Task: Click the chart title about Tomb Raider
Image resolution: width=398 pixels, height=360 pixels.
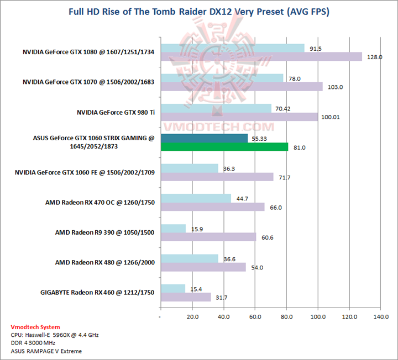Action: pos(199,12)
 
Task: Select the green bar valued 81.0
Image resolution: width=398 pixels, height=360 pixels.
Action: pos(224,147)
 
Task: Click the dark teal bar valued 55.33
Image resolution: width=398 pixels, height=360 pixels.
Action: pos(204,138)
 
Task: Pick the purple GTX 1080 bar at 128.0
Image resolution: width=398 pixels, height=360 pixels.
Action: pos(261,56)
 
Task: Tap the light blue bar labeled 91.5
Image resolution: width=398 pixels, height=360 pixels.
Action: pos(232,48)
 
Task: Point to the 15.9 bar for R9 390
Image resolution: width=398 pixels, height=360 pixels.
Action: pos(173,229)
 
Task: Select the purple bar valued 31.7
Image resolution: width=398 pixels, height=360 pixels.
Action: pos(185,297)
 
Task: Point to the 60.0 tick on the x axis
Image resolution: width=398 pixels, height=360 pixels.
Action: pos(254,317)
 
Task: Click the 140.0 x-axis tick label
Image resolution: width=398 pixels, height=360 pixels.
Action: pos(381,317)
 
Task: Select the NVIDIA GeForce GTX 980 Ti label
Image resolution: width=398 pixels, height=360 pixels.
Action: pos(116,112)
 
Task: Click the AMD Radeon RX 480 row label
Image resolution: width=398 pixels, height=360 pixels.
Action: pos(104,262)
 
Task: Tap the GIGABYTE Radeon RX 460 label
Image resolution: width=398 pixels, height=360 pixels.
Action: pos(97,292)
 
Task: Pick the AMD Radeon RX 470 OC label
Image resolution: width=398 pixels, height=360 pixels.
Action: pos(99,202)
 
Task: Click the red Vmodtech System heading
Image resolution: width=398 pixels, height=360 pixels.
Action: pos(35,327)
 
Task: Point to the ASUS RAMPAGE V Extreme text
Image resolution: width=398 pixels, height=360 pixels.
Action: pos(43,351)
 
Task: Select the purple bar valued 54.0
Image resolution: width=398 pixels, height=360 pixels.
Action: pos(203,267)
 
